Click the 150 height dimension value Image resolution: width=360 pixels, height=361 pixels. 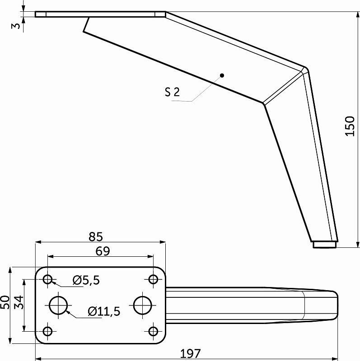coord(350,126)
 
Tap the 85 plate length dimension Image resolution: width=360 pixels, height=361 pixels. coord(96,236)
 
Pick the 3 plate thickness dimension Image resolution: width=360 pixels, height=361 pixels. coord(16,25)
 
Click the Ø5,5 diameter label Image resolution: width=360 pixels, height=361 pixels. coord(86,280)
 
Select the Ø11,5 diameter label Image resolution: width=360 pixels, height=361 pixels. coord(104,311)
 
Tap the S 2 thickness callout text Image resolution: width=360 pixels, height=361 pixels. coord(172,93)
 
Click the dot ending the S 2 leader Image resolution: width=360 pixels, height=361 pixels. coord(222,75)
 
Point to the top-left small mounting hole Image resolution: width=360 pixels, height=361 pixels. coord(48,280)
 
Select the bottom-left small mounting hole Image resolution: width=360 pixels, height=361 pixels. coord(48,331)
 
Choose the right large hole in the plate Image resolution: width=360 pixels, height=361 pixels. coord(142,305)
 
